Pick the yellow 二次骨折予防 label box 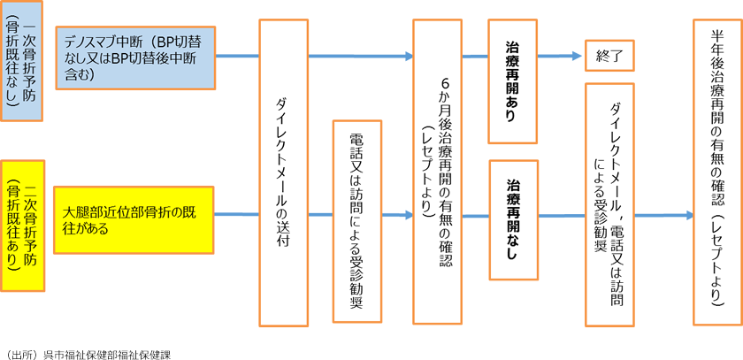[x=23, y=226]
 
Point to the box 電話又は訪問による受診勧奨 [x=356, y=221]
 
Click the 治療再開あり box [x=513, y=81]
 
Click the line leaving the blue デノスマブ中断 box [x=237, y=57]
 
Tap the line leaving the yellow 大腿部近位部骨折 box [x=237, y=215]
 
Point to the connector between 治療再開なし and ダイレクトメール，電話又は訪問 [x=562, y=215]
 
